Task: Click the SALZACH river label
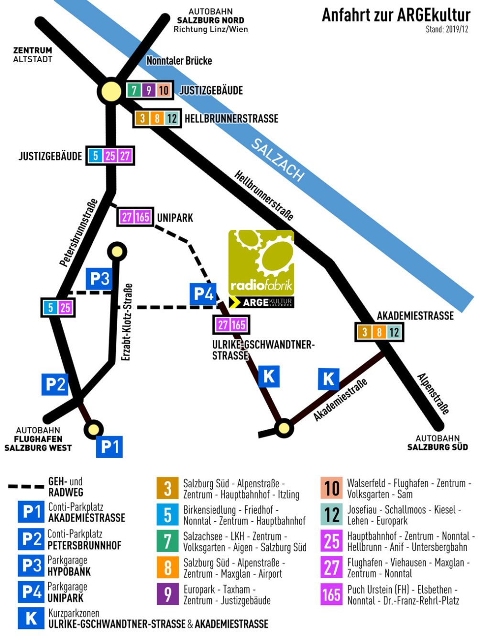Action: click(278, 160)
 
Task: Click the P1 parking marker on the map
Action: click(110, 447)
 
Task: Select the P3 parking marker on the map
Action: click(99, 279)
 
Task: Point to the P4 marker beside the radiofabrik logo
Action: click(203, 294)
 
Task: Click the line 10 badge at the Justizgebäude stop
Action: click(164, 90)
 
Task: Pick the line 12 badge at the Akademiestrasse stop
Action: click(394, 332)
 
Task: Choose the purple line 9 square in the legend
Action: click(168, 594)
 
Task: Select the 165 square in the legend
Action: click(331, 594)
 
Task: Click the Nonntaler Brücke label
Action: click(179, 61)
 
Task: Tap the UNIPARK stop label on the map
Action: click(175, 218)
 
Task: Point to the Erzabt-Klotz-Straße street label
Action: click(127, 322)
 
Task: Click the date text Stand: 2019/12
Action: click(447, 29)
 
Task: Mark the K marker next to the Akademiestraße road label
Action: click(329, 379)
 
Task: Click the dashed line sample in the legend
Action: click(26, 486)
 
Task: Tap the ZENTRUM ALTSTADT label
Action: click(33, 55)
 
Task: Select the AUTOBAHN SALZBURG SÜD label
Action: click(437, 443)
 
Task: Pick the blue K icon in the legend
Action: click(31, 618)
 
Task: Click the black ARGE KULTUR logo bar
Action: click(262, 302)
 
